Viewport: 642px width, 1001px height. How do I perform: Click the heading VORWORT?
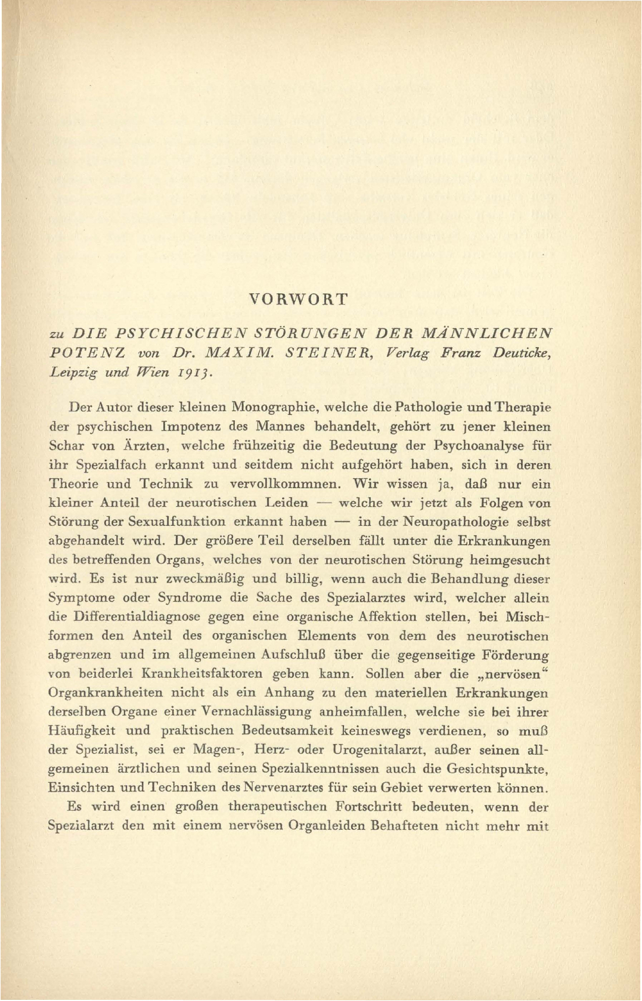[x=298, y=299]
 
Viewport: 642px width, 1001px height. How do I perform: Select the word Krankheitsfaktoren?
[x=201, y=674]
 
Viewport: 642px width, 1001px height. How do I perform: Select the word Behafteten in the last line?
[x=415, y=826]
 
